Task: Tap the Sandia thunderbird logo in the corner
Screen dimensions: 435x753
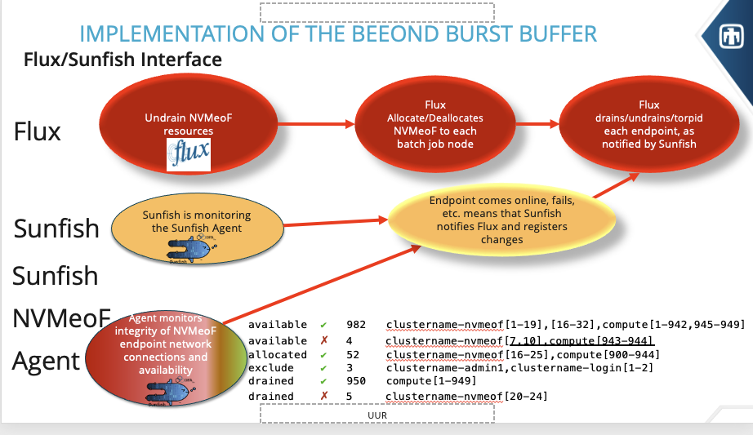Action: coord(730,37)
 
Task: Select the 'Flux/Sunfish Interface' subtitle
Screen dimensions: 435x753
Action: coord(123,60)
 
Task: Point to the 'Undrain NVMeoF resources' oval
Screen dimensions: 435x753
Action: coord(178,125)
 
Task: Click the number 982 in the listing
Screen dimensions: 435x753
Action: coord(356,325)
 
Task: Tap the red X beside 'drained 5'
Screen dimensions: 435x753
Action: coord(324,396)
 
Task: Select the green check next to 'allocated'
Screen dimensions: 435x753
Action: coord(324,354)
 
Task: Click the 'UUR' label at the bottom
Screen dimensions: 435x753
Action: coord(376,415)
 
